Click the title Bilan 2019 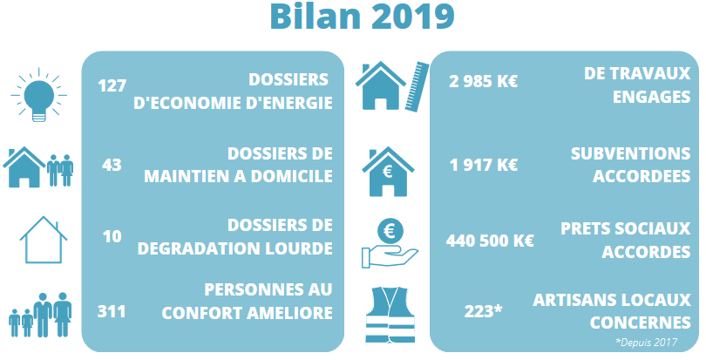point(362,17)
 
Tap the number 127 point(112,85)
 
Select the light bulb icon point(38,95)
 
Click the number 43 point(112,165)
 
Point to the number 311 point(112,311)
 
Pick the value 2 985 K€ point(483,82)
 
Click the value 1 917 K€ point(484,166)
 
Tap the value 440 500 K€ point(490,241)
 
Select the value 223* point(483,311)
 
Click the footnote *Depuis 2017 point(646,343)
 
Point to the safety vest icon point(390,315)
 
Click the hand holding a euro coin point(390,243)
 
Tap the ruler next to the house point(417,86)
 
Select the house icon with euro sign point(388,172)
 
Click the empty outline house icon point(44,240)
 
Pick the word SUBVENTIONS point(630,153)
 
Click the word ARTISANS point(574,300)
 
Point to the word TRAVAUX point(651,73)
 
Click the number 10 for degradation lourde point(112,236)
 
